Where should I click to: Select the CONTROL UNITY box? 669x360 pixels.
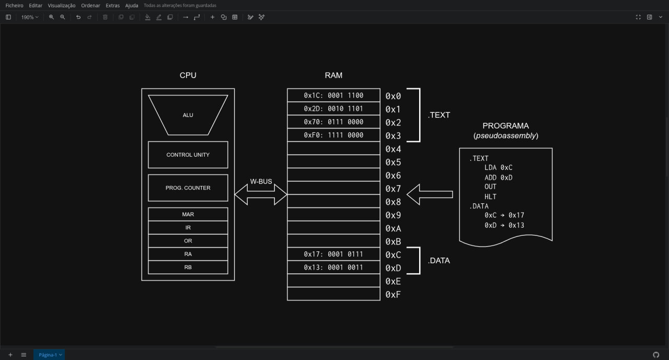188,155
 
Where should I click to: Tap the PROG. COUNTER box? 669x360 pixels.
188,188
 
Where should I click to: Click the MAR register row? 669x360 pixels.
188,214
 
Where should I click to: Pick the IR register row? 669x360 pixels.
188,227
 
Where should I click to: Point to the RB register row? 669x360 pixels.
188,267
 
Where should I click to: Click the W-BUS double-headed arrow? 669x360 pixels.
261,194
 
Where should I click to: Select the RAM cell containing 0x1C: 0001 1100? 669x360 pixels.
333,95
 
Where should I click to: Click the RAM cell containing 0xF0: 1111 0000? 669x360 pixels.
333,135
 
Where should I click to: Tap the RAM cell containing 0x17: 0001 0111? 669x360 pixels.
333,254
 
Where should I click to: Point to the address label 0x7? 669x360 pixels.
393,189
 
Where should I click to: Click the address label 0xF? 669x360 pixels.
393,295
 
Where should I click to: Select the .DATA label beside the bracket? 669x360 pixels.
439,261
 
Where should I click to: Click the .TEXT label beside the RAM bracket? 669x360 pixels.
439,115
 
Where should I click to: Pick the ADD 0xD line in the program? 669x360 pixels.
499,178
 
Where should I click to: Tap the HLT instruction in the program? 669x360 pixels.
490,196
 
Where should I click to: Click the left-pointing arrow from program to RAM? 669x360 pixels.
430,194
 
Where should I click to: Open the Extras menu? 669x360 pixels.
112,5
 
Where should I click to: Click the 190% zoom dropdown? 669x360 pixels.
30,17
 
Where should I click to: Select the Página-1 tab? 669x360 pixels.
49,355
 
